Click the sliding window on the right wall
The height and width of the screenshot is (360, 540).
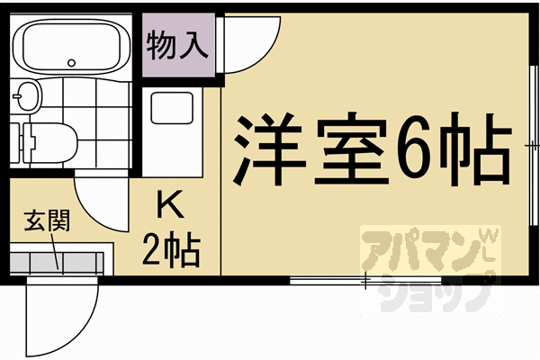coord(527,144)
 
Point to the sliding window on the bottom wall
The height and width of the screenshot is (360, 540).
coord(328,281)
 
